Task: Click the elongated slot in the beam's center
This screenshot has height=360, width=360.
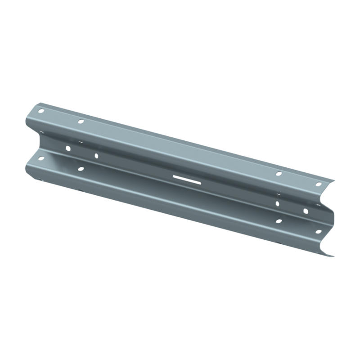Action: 186,179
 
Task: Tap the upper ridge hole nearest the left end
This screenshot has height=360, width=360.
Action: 41,111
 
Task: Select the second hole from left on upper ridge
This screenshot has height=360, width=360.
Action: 81,121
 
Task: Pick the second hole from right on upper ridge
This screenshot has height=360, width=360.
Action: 279,173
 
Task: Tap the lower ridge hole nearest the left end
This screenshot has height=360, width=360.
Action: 41,158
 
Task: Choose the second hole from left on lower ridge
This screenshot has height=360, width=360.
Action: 81,169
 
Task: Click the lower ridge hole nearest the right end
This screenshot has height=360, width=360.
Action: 319,231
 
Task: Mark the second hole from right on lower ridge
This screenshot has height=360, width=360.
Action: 279,221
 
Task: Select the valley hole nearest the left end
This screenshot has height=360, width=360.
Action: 68,148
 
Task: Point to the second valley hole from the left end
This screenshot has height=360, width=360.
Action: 96,156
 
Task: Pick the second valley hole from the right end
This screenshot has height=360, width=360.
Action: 277,203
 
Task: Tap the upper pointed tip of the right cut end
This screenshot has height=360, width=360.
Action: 335,179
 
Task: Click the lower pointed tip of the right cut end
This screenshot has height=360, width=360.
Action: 334,256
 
